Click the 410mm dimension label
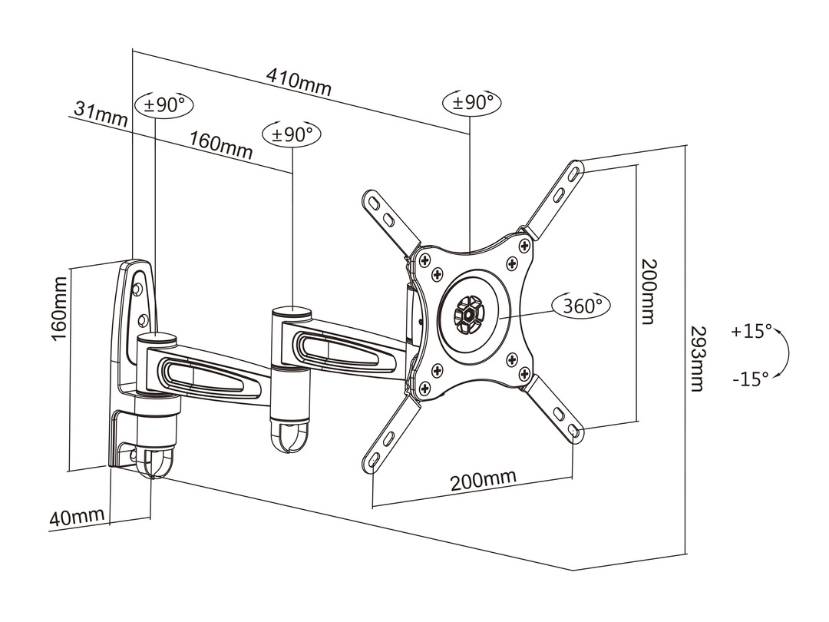tap(299, 81)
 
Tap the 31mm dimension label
tap(101, 114)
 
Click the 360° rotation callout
tap(582, 306)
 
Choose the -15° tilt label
tap(750, 378)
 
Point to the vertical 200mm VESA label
tap(649, 291)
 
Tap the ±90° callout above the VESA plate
tap(472, 102)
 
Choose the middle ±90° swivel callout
tap(292, 133)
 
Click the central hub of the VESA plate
tap(466, 314)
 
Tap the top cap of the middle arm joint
tap(291, 313)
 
